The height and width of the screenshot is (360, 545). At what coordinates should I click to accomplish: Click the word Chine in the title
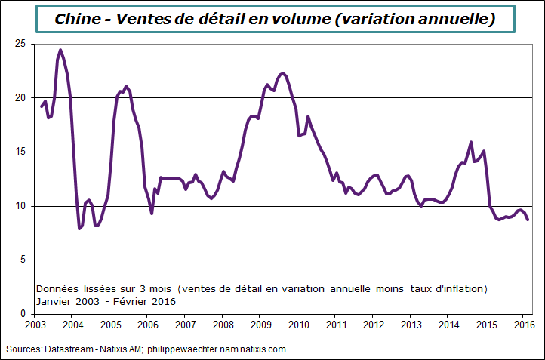tap(77, 20)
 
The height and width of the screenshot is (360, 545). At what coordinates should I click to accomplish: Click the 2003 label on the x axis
tap(35, 325)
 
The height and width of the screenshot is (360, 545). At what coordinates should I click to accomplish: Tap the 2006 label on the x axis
tap(148, 325)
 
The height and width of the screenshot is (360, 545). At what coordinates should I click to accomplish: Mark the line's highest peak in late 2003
tap(60, 51)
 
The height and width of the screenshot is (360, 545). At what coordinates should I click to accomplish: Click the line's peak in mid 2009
tap(282, 73)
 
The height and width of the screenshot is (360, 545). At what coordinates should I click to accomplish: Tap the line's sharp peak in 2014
tap(471, 142)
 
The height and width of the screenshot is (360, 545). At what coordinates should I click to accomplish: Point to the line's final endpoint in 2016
tap(528, 220)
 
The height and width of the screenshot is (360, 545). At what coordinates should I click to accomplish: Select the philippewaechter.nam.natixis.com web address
tap(217, 349)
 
